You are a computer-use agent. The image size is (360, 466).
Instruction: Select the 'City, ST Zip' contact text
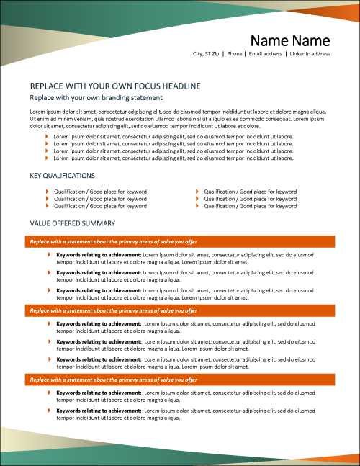(206, 53)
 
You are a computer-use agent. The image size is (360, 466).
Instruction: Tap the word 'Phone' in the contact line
(234, 53)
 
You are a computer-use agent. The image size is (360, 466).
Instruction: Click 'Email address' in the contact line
(265, 53)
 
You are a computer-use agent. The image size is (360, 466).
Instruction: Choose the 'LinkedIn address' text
(310, 53)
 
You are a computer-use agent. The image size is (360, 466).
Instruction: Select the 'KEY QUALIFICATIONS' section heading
(62, 175)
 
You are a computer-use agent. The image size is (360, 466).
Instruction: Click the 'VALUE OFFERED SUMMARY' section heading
(73, 223)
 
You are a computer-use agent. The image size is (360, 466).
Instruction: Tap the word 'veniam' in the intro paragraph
(78, 119)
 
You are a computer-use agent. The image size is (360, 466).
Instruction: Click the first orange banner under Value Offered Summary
(181, 241)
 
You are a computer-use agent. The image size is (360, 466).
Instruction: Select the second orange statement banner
(181, 310)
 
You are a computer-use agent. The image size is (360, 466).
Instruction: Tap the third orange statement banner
(181, 379)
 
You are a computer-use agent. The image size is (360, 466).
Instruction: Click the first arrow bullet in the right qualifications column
(197, 192)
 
